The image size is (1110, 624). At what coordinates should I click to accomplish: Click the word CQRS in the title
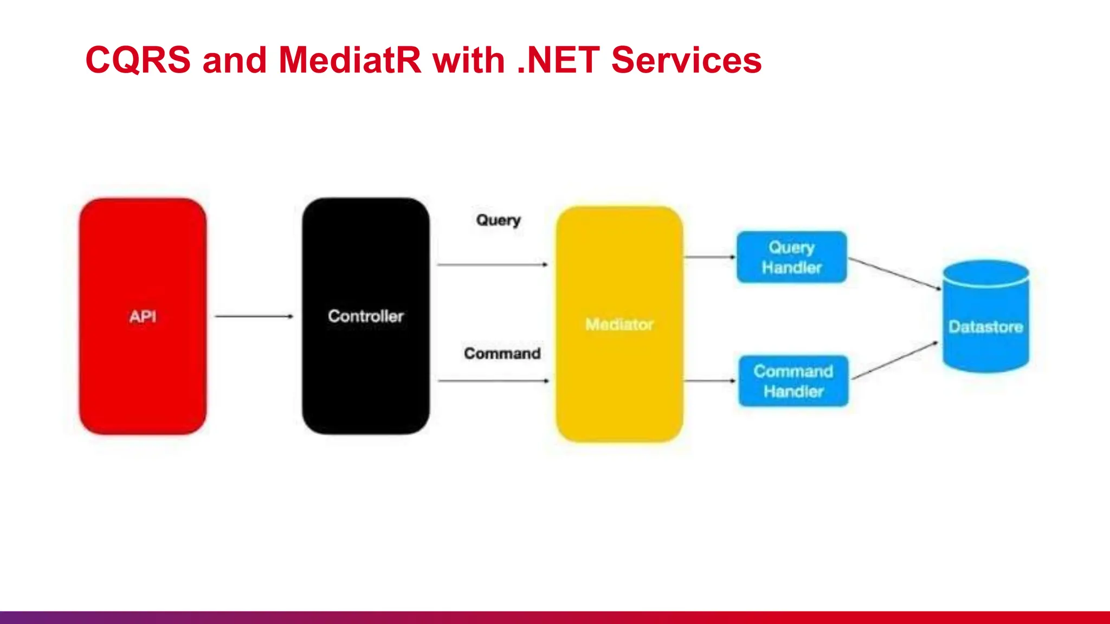click(x=138, y=60)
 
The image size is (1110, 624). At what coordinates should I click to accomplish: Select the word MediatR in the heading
click(x=350, y=60)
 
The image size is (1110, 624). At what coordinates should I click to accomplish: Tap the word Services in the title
click(x=686, y=60)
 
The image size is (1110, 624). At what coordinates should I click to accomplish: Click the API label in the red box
click(x=143, y=316)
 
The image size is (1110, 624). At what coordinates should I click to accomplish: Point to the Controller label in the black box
click(x=366, y=316)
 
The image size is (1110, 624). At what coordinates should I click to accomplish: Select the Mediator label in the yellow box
click(x=619, y=324)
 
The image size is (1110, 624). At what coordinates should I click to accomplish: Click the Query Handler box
click(x=791, y=257)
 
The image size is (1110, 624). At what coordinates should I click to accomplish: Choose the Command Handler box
click(x=793, y=381)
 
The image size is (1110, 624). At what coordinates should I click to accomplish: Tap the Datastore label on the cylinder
click(x=985, y=327)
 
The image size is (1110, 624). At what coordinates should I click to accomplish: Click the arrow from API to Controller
click(x=254, y=316)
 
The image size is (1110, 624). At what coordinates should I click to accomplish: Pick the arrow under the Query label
click(x=492, y=264)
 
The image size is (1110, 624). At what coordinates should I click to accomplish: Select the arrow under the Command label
click(x=493, y=381)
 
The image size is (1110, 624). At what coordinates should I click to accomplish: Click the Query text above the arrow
click(x=498, y=220)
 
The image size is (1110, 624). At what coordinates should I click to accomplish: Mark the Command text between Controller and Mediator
click(x=502, y=353)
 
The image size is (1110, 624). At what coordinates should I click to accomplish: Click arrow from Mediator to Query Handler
click(x=709, y=257)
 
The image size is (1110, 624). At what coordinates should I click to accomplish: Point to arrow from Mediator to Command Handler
click(x=709, y=381)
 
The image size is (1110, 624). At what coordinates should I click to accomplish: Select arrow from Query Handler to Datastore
click(x=894, y=274)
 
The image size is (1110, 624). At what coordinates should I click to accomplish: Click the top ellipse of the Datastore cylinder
click(x=985, y=272)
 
